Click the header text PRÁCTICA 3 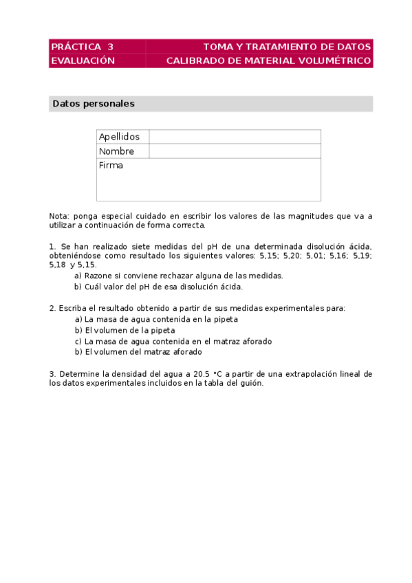tap(82, 47)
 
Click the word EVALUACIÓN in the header tap(82, 60)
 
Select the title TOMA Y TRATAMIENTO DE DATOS tap(287, 47)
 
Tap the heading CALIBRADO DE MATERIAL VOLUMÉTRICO tap(269, 60)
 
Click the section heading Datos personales tap(94, 104)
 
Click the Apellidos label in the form tap(119, 137)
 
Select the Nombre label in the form tap(116, 151)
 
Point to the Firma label tap(111, 166)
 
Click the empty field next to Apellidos tap(235, 137)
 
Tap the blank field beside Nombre tap(235, 151)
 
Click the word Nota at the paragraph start tap(59, 216)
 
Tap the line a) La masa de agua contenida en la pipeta tap(160, 319)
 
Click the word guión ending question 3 tap(252, 384)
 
